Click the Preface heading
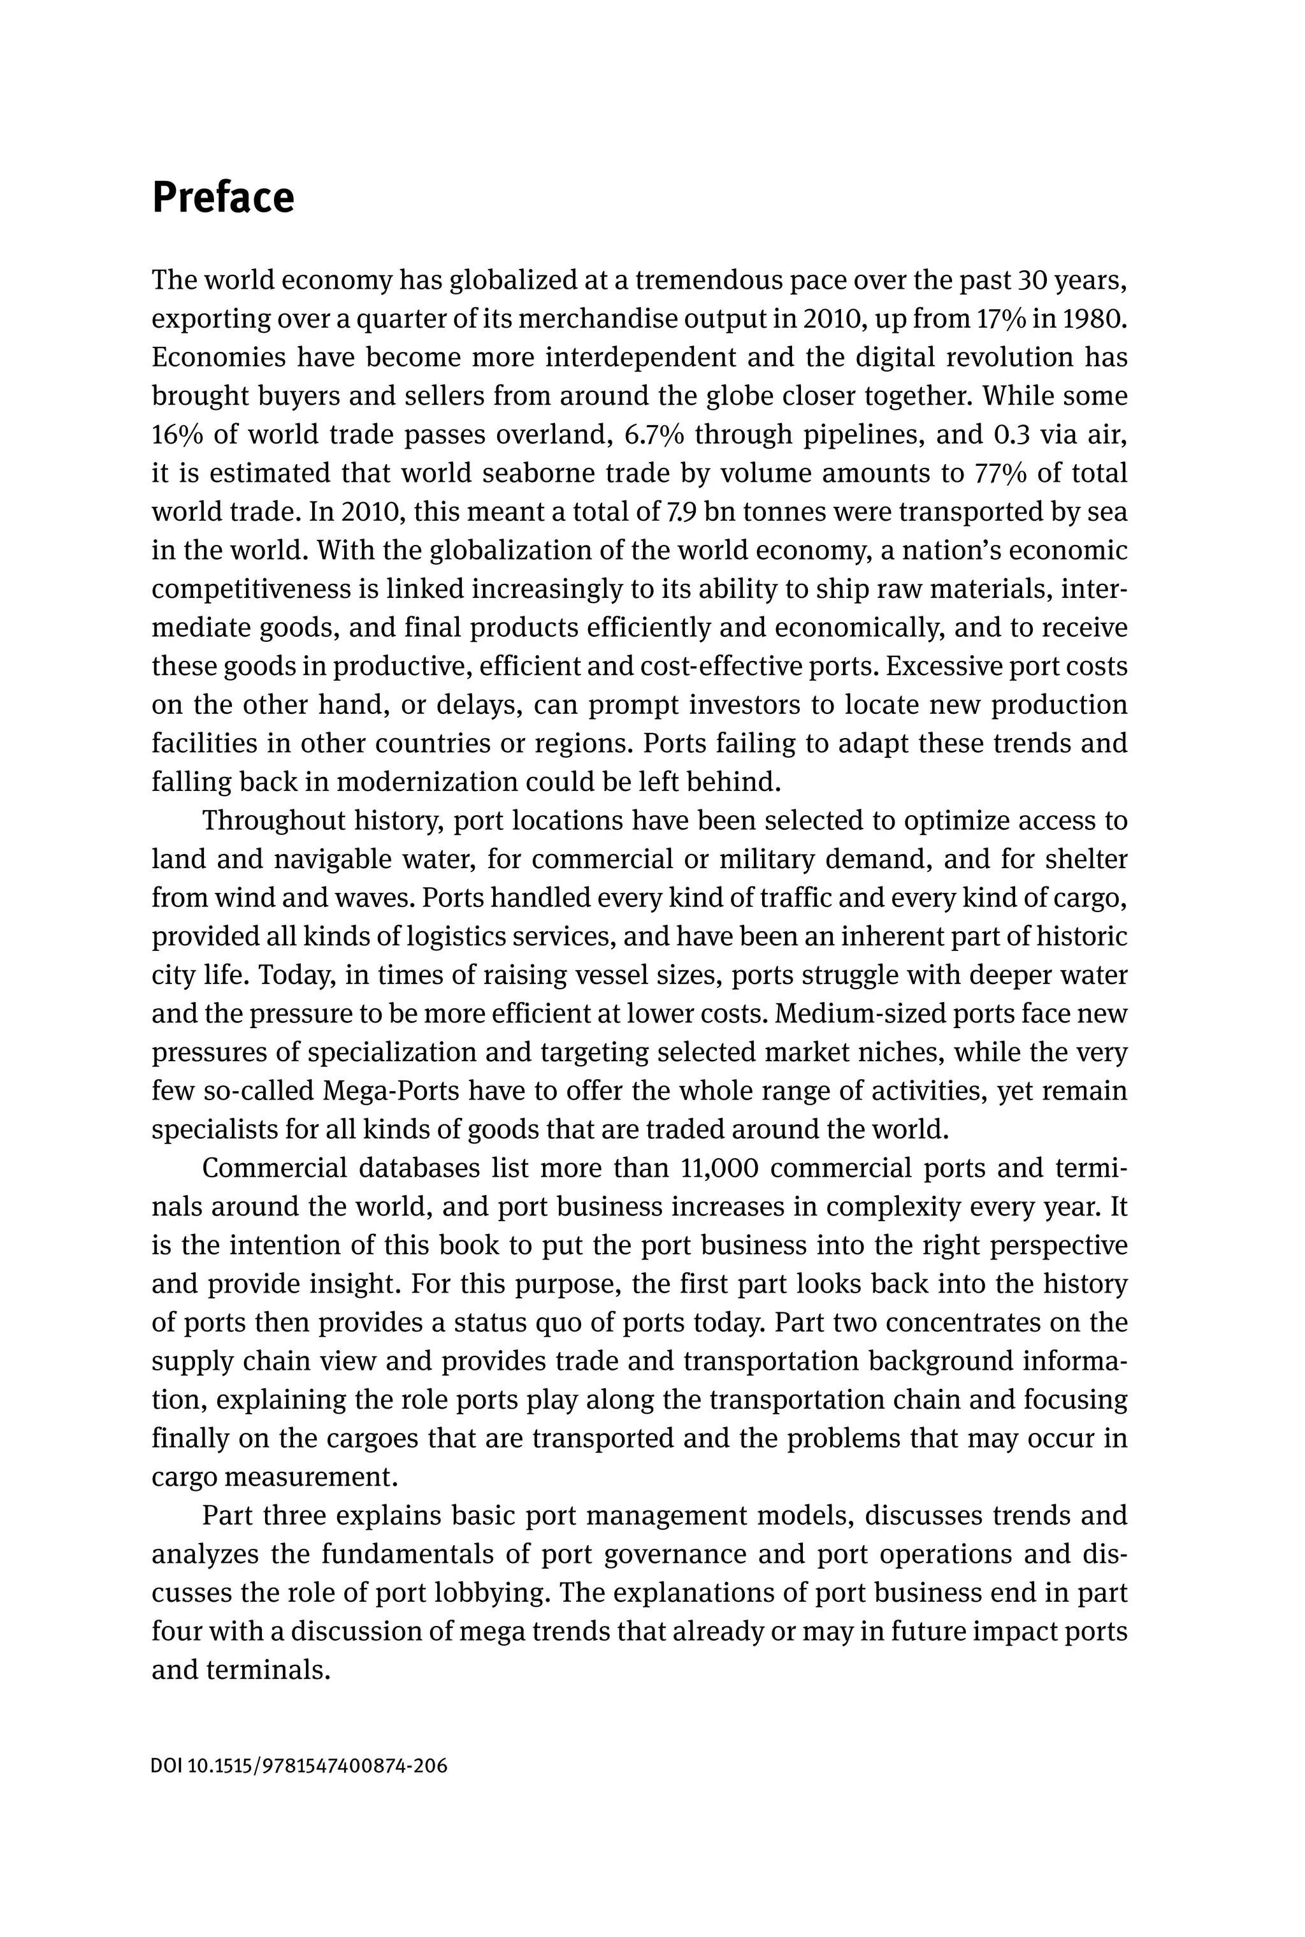(222, 198)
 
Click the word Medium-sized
(858, 1014)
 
